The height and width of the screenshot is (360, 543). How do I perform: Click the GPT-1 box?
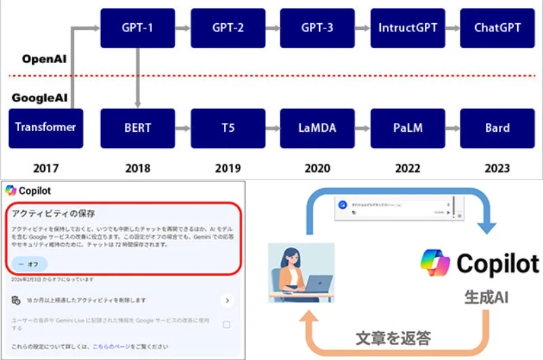pos(137,29)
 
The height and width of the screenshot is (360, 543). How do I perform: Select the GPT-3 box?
pos(317,29)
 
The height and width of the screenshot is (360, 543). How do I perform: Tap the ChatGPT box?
pos(497,29)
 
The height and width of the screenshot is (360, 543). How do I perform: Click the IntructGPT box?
pos(407,29)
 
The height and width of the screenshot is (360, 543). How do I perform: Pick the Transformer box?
pos(45,128)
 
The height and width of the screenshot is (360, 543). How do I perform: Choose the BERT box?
pos(137,128)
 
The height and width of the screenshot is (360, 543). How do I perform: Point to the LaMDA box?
pos(317,128)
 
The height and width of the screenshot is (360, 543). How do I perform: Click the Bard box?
pos(497,128)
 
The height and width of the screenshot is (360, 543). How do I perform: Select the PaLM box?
pos(407,128)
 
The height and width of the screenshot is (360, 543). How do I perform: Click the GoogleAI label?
pos(40,98)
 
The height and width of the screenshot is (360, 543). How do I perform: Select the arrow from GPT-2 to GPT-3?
pos(272,29)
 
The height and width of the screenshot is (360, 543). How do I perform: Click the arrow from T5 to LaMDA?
pos(272,128)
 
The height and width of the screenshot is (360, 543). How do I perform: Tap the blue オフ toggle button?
pos(29,264)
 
